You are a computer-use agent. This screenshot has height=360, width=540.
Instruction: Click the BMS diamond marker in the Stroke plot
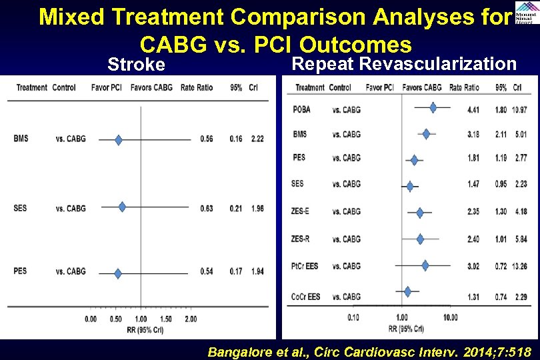point(119,139)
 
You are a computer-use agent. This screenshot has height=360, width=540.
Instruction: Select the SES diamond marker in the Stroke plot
point(122,207)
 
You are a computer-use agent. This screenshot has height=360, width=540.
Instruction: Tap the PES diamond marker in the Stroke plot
point(118,273)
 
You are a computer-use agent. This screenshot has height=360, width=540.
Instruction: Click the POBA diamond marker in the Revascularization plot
point(433,107)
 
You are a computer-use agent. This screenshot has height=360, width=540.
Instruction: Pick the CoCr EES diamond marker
point(407,291)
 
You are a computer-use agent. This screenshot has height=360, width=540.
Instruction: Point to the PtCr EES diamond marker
point(425,265)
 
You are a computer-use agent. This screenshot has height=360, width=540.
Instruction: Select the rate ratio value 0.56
point(206,139)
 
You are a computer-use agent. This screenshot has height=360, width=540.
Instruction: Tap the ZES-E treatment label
point(301,211)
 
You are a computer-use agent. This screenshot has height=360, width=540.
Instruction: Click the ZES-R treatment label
point(301,239)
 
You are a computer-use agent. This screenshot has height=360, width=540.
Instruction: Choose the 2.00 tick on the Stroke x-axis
point(191,319)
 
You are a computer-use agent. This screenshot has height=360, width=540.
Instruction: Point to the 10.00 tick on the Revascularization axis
point(450,317)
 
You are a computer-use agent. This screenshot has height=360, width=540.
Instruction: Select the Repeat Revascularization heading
point(404,63)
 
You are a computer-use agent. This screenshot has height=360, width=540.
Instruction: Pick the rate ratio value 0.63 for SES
point(206,208)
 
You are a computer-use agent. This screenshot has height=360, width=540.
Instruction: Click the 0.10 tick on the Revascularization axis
point(353,317)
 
